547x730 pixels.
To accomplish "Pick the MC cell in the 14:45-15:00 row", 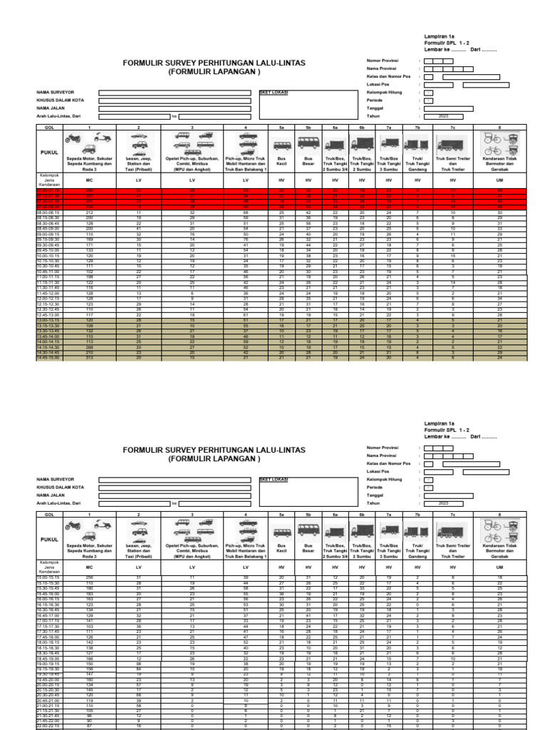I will coord(90,357).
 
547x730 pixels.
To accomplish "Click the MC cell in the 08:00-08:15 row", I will coord(90,212).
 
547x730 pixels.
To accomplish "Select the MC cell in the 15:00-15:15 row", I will coord(90,577).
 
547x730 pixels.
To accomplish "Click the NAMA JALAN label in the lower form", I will coord(51,494).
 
